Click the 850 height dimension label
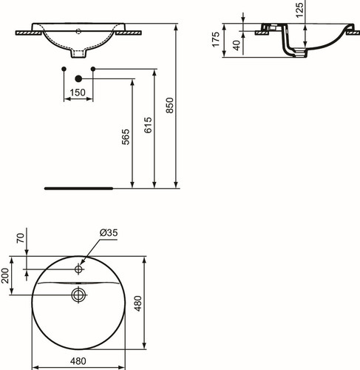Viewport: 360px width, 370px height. click(170, 105)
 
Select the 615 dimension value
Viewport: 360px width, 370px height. click(148, 125)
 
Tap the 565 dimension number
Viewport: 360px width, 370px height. click(126, 137)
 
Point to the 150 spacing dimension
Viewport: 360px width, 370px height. click(78, 92)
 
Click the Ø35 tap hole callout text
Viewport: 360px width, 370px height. click(109, 232)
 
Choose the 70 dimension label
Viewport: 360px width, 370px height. click(21, 238)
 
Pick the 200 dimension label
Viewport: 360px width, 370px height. click(5, 275)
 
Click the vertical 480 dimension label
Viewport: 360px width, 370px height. click(138, 303)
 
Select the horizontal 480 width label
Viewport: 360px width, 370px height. click(78, 361)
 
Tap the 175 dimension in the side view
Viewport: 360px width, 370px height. click(216, 39)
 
